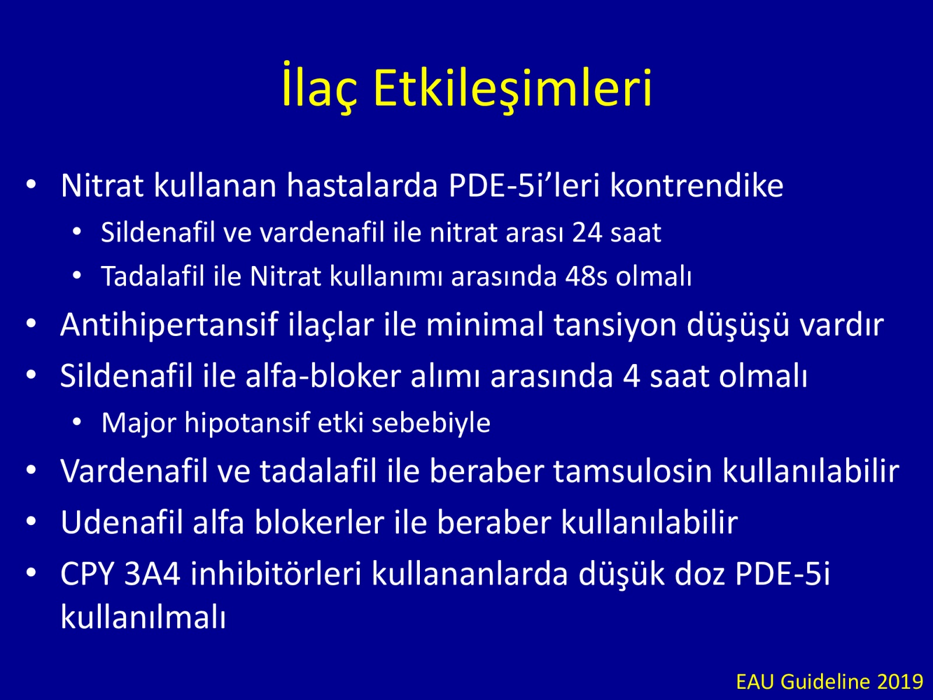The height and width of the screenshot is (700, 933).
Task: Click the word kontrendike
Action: pyautogui.click(x=697, y=185)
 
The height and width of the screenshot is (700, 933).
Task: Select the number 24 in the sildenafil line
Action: pyautogui.click(x=587, y=233)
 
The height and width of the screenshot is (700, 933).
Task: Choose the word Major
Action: pyautogui.click(x=139, y=423)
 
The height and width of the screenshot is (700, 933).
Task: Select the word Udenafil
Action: pyautogui.click(x=121, y=522)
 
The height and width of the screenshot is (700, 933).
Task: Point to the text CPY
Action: pyautogui.click(x=87, y=574)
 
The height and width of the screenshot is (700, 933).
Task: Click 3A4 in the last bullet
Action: pyautogui.click(x=152, y=574)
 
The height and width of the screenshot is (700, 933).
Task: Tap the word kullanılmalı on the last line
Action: pyautogui.click(x=143, y=617)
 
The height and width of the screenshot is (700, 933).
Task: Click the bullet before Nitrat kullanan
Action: pyautogui.click(x=31, y=185)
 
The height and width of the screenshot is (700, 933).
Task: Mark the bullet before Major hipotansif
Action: pyautogui.click(x=77, y=422)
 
